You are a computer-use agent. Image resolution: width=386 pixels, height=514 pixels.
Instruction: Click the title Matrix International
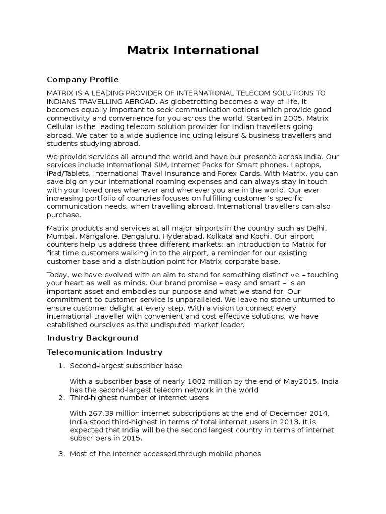point(193,50)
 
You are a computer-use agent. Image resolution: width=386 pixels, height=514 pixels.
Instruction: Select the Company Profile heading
point(82,79)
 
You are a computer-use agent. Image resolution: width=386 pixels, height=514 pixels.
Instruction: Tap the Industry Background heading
point(92,338)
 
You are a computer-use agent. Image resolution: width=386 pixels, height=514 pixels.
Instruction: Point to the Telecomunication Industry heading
point(105,352)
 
